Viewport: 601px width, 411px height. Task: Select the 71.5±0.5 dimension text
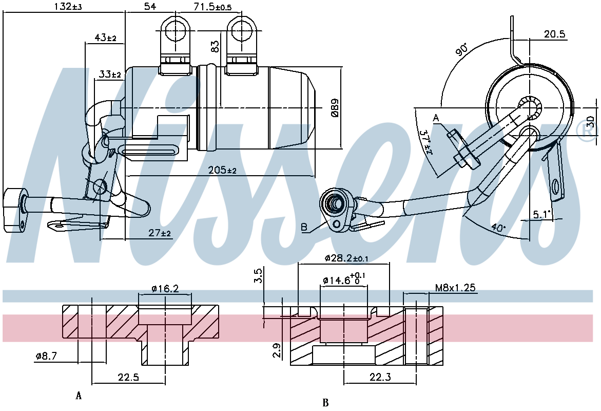212,7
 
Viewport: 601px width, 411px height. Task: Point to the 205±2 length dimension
222,170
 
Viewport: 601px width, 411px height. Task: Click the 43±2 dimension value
105,38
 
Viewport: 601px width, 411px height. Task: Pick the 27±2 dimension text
160,233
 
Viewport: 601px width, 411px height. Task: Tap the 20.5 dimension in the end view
555,34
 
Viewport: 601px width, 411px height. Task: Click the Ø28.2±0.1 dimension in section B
346,258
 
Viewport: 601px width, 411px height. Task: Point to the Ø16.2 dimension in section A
165,288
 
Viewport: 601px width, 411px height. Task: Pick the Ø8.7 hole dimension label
46,356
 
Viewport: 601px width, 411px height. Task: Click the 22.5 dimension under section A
128,378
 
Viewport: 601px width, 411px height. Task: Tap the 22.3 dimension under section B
380,378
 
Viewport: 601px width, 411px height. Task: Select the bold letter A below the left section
79,395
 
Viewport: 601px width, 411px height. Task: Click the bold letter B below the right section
326,403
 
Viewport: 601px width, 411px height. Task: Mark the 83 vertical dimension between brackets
216,46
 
